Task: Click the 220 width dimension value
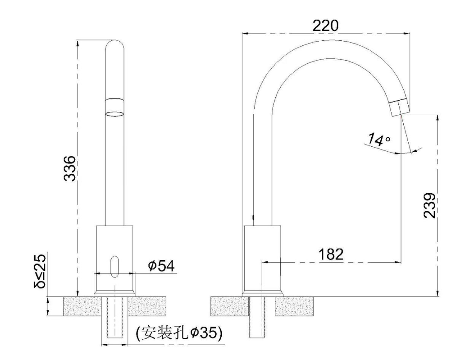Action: pos(325,26)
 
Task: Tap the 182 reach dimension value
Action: pos(331,254)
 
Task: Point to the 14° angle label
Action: pos(378,140)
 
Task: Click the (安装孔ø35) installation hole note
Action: pos(179,333)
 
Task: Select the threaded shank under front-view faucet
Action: pos(114,318)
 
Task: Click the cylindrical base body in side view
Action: pos(262,258)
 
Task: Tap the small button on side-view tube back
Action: pos(253,217)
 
